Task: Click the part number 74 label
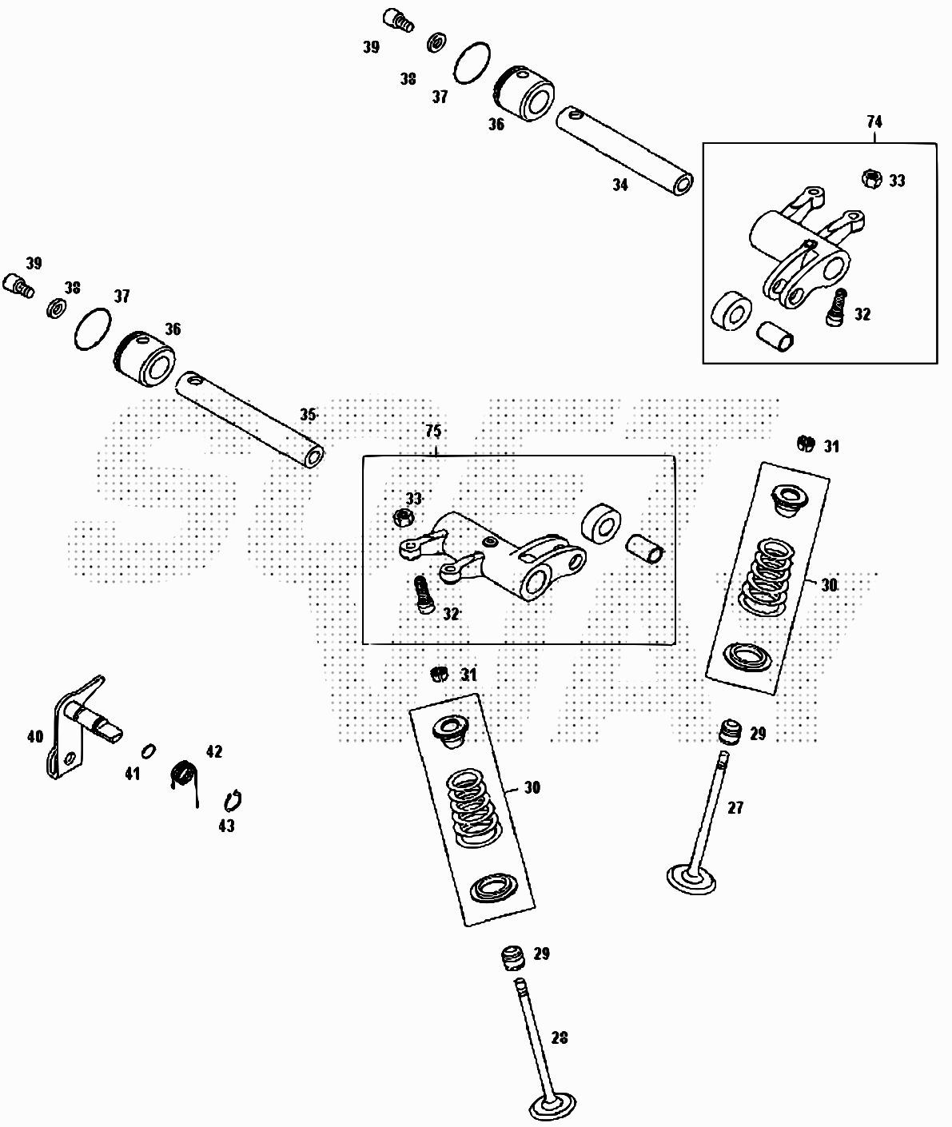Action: pyautogui.click(x=874, y=122)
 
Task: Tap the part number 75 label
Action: pyautogui.click(x=432, y=432)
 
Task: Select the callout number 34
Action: pyautogui.click(x=620, y=185)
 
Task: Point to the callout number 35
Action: pyautogui.click(x=309, y=415)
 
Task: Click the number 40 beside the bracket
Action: pyautogui.click(x=35, y=736)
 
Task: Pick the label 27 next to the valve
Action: pyautogui.click(x=735, y=808)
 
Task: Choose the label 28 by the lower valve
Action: pyautogui.click(x=560, y=1037)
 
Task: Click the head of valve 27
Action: pyautogui.click(x=692, y=880)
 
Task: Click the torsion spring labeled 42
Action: pyautogui.click(x=185, y=775)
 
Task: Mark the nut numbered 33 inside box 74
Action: pyautogui.click(x=872, y=179)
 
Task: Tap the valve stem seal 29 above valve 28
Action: pyautogui.click(x=511, y=956)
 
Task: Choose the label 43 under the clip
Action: pyautogui.click(x=227, y=826)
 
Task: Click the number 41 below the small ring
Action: pyautogui.click(x=132, y=774)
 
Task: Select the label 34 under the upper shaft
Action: pyautogui.click(x=620, y=185)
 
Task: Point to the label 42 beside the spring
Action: pyautogui.click(x=214, y=752)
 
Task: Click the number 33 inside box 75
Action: pyautogui.click(x=413, y=499)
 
